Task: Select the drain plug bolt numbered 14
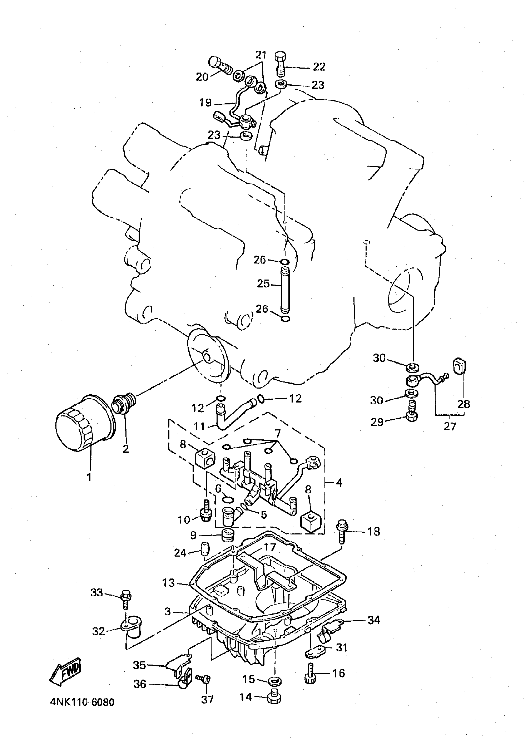(274, 698)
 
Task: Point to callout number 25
(263, 284)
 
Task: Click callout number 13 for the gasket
(169, 583)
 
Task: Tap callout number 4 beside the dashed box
(339, 482)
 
